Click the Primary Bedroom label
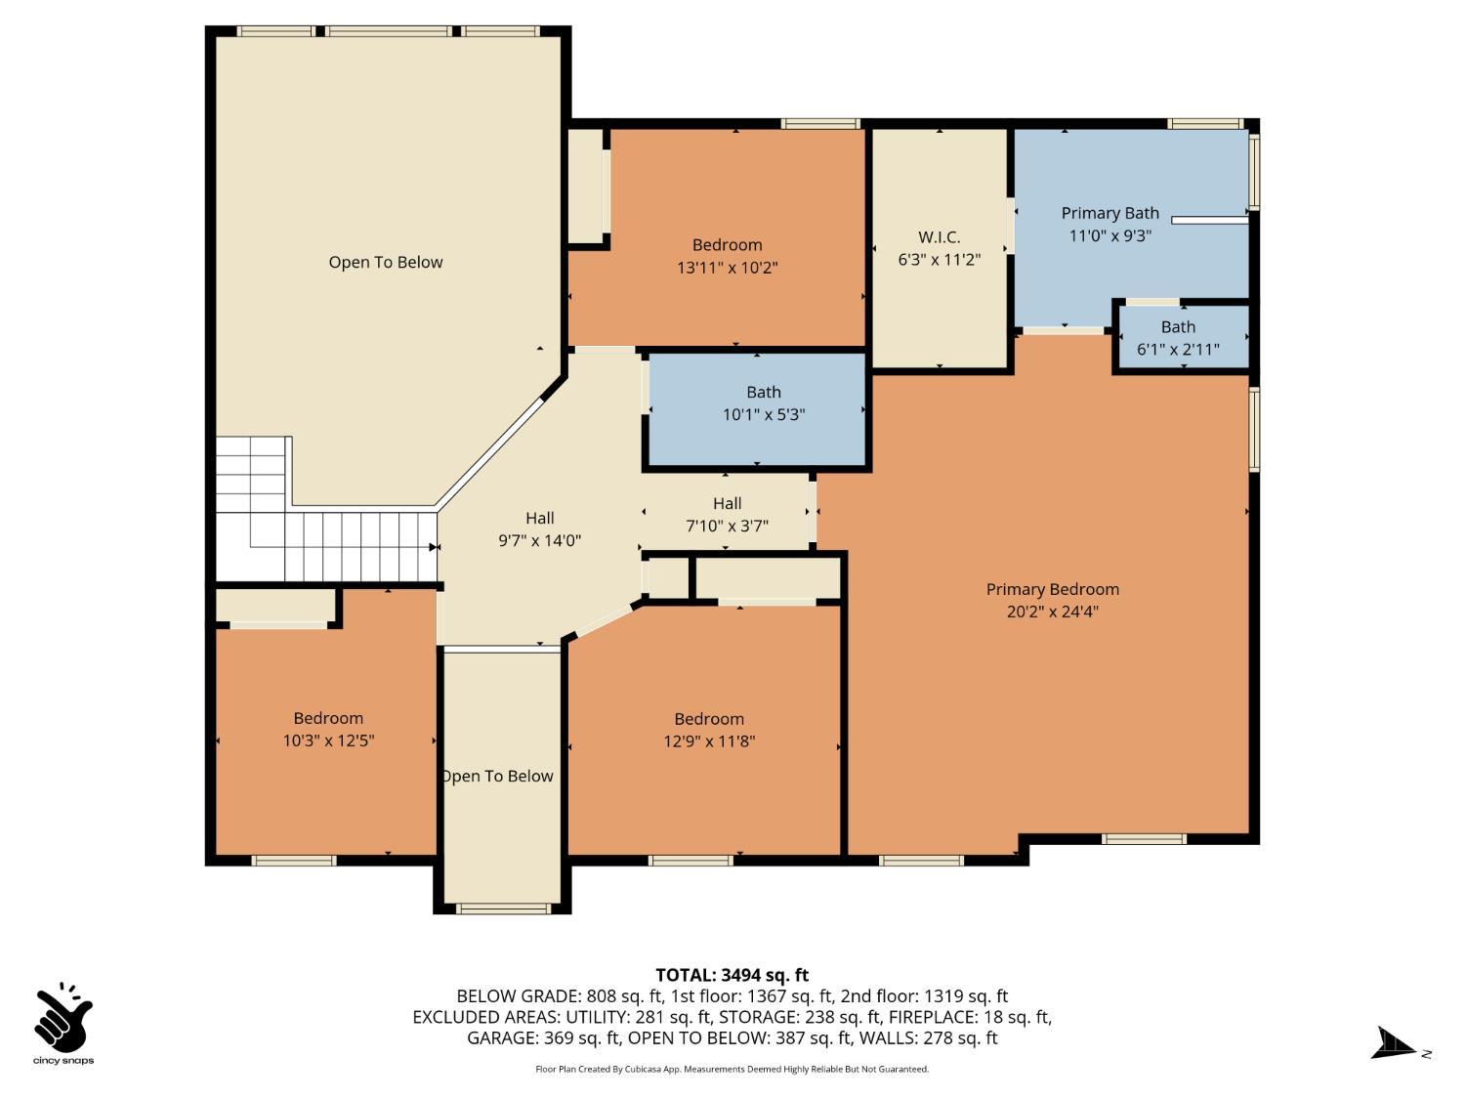pyautogui.click(x=1052, y=589)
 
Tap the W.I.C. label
pyautogui.click(x=940, y=236)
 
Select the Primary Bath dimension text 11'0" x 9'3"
pyautogui.click(x=1109, y=235)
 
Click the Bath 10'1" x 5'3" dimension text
pyautogui.click(x=764, y=414)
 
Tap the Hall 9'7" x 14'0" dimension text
pyautogui.click(x=539, y=540)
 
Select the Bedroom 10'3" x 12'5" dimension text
pyautogui.click(x=328, y=740)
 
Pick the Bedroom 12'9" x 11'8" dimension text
pyautogui.click(x=709, y=740)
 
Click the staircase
pyautogui.click(x=314, y=521)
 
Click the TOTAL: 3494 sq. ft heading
pyautogui.click(x=732, y=975)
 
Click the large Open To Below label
pyautogui.click(x=385, y=262)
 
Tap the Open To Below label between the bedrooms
pyautogui.click(x=498, y=776)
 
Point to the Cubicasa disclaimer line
pyautogui.click(x=732, y=1069)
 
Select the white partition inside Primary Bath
pyautogui.click(x=1209, y=220)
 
